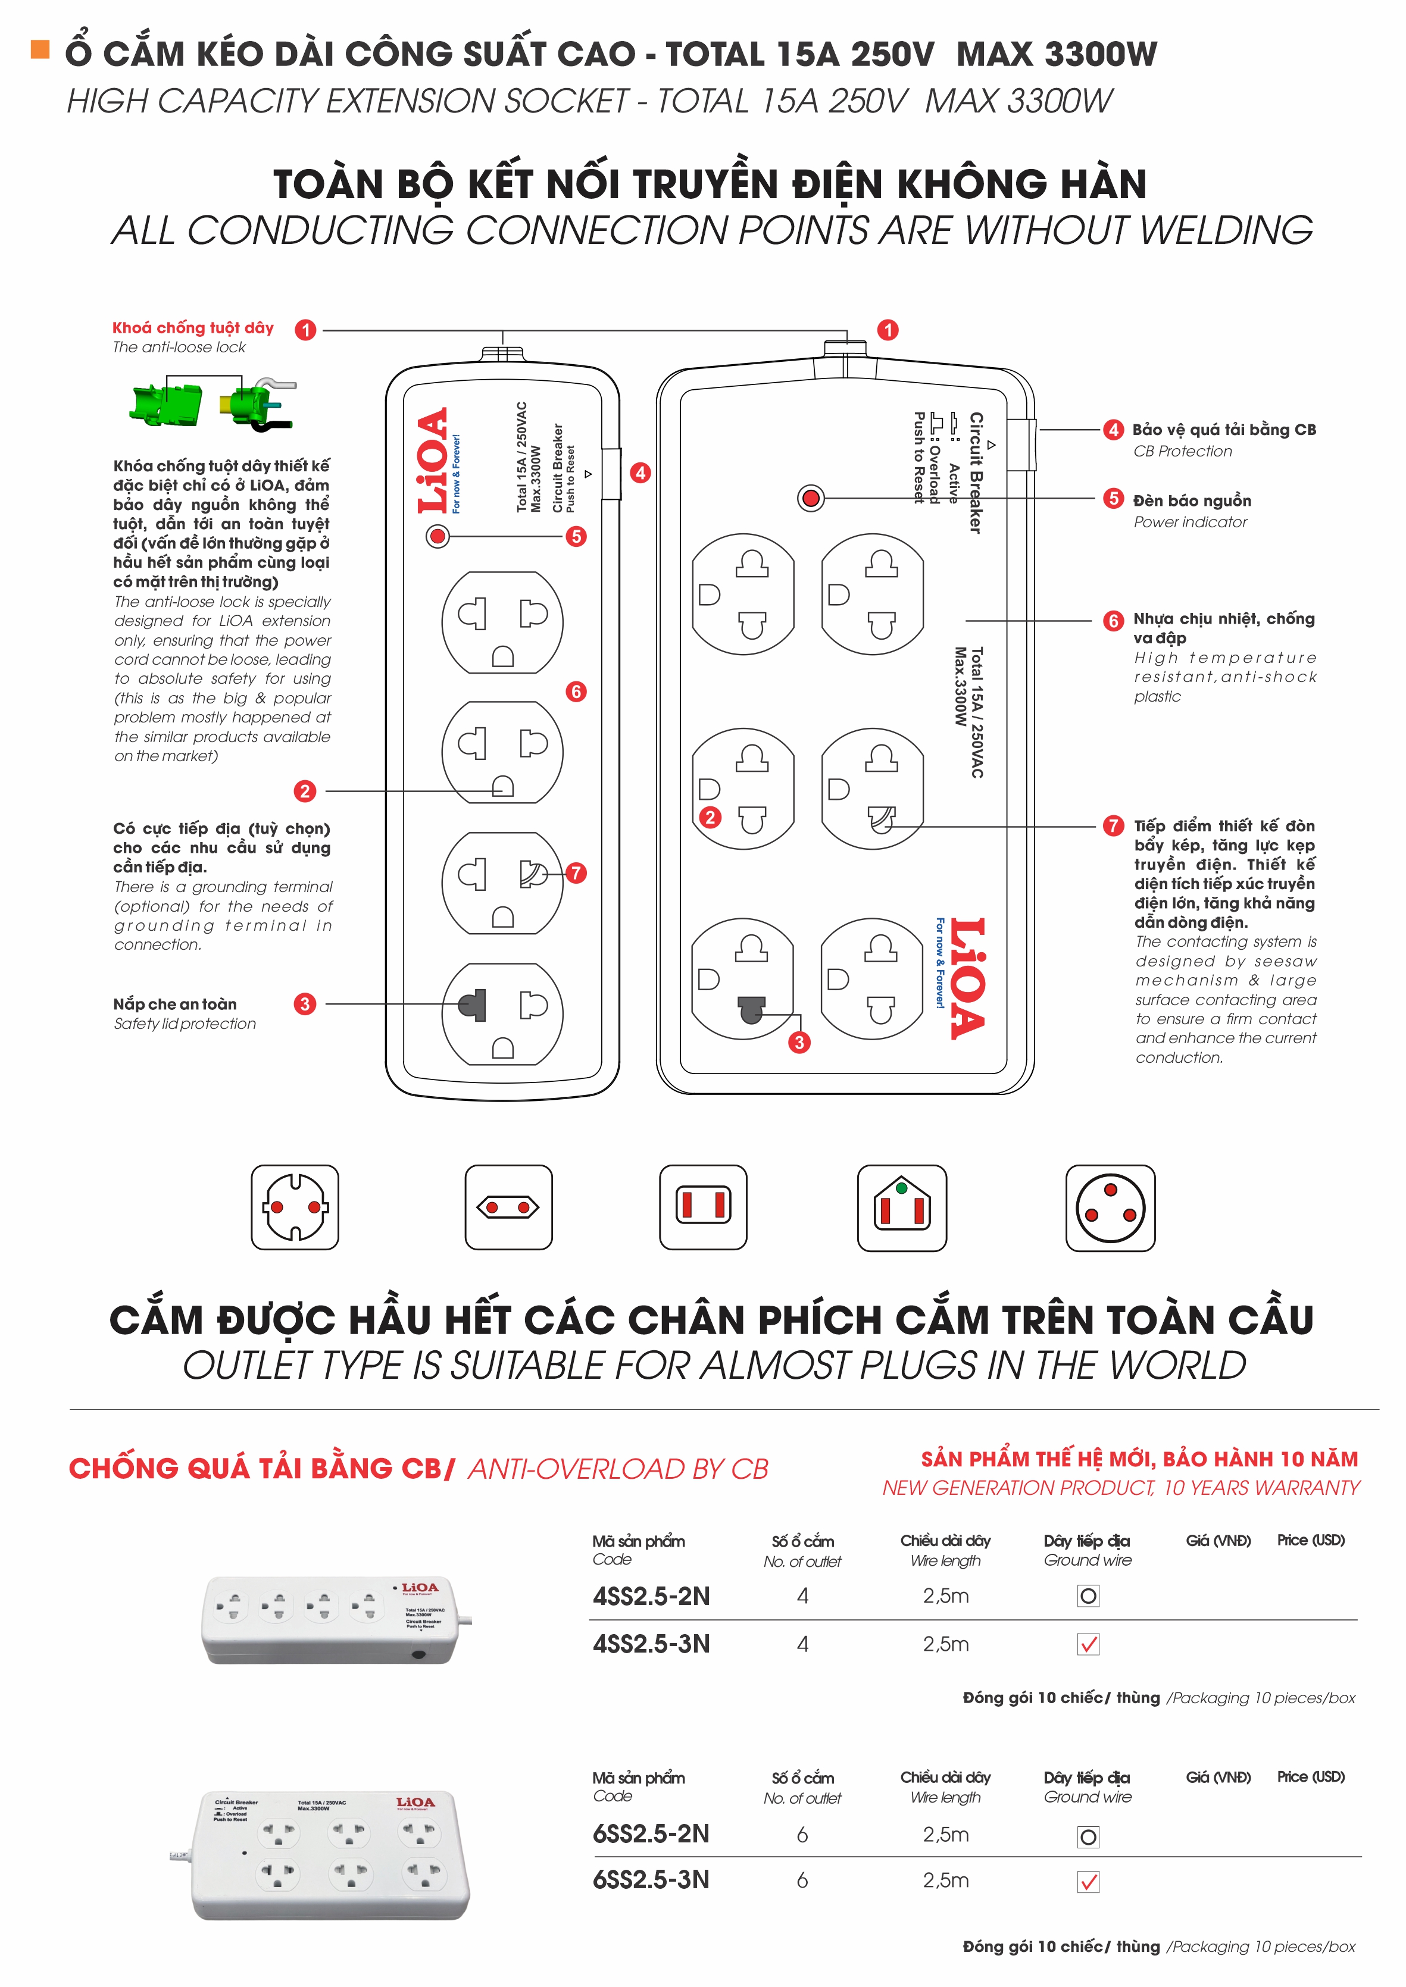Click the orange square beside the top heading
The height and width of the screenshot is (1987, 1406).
point(40,49)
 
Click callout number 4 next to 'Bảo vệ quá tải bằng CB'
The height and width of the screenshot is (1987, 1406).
point(1113,430)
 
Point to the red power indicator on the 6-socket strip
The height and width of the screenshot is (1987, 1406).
point(810,499)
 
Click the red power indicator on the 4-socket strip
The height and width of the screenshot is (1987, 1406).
point(438,537)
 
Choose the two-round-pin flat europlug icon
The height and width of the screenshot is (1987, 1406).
point(508,1207)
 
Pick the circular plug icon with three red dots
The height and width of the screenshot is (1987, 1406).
point(1110,1207)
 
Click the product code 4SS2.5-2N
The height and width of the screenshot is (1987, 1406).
point(651,1597)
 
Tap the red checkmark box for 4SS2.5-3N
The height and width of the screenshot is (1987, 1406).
point(1088,1644)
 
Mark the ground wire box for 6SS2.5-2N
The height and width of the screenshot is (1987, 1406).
point(1088,1836)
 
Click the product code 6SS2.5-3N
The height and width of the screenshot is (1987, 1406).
point(651,1880)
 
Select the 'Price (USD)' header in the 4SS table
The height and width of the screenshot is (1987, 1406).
point(1311,1541)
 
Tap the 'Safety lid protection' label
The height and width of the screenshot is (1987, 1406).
point(185,1024)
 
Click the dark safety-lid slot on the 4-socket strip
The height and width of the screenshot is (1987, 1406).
point(473,1005)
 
